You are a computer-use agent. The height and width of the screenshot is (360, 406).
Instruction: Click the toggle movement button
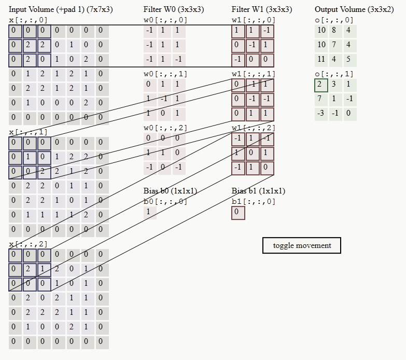tap(302, 245)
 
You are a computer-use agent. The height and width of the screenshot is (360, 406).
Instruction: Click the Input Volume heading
tap(61, 9)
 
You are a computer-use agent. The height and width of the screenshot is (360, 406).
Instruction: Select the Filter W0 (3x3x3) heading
tap(174, 9)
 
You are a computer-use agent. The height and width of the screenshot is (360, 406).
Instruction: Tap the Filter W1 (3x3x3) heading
tap(262, 9)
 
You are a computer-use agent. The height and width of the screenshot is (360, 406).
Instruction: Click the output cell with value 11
tap(321, 59)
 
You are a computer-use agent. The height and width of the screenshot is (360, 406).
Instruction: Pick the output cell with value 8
tap(334, 30)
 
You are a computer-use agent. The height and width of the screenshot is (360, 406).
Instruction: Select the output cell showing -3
tap(321, 113)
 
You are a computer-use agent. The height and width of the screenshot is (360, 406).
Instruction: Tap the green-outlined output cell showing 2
tap(321, 85)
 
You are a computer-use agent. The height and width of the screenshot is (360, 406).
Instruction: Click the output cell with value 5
tap(348, 59)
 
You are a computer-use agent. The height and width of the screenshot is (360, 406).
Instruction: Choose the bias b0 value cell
tap(149, 212)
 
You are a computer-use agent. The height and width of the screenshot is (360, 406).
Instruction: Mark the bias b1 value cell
tap(237, 212)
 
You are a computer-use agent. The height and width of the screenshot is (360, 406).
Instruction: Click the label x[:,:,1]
tap(28, 132)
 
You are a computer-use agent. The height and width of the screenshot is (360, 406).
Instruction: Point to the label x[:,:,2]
tap(28, 244)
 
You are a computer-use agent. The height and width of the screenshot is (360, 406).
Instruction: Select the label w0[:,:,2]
tap(165, 128)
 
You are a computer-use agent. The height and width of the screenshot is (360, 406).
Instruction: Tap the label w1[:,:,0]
tap(254, 20)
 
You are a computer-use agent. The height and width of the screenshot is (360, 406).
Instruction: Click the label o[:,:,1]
tap(334, 74)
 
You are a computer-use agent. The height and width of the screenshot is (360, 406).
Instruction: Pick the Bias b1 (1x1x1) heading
tap(258, 191)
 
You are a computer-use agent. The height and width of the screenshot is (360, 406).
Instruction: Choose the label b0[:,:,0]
tap(165, 201)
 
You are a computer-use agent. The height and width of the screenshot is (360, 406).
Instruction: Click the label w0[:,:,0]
tap(165, 20)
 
